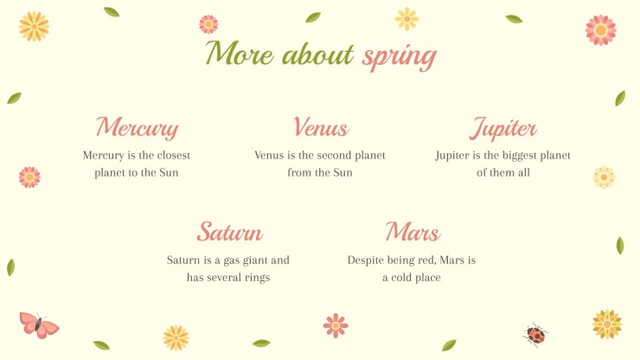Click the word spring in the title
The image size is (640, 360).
(400, 57)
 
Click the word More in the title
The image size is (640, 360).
(240, 53)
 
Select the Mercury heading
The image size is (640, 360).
(138, 127)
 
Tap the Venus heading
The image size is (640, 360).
(321, 126)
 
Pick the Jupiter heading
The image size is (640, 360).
(502, 128)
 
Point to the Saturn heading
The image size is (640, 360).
(230, 232)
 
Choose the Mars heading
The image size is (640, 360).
(413, 232)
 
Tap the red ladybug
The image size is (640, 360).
(535, 335)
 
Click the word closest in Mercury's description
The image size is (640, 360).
(174, 155)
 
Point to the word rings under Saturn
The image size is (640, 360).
(257, 278)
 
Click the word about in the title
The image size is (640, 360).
(317, 54)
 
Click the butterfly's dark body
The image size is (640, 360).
(38, 325)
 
